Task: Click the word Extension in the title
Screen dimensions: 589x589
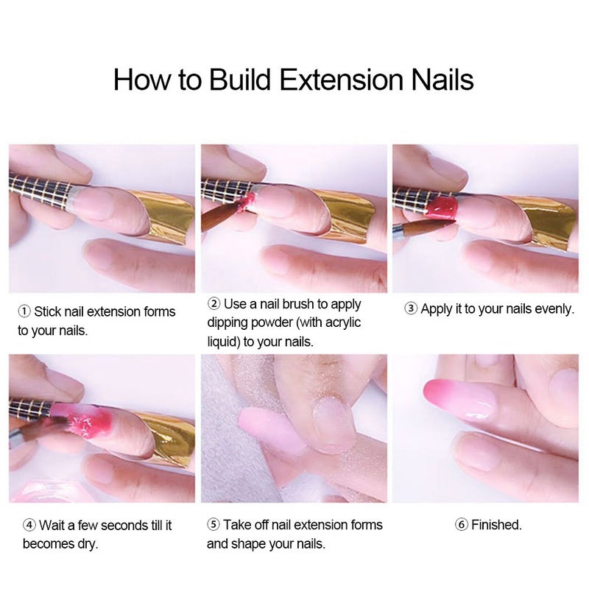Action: point(342,80)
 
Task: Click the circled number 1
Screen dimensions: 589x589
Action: point(24,311)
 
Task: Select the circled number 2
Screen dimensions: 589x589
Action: point(214,303)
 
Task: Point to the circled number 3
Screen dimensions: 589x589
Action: point(411,308)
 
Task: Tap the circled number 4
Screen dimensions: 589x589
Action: point(29,525)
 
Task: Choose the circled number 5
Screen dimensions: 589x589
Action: point(214,524)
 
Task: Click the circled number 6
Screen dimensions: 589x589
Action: point(462,524)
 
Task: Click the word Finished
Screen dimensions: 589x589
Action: point(496,525)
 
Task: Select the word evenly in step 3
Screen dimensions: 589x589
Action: point(554,309)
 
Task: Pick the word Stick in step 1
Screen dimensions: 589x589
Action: point(48,311)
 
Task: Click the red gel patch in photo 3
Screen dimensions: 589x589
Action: point(442,206)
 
